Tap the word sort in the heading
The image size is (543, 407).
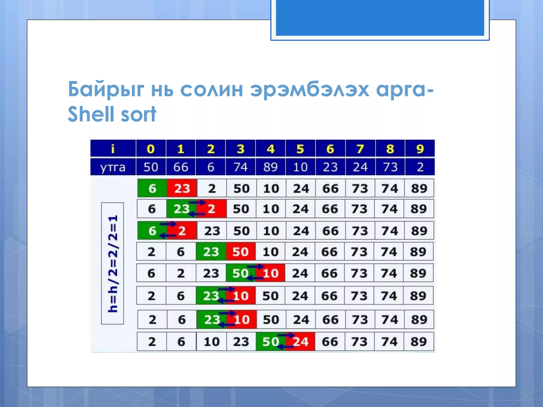138,114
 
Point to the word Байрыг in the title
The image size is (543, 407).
106,90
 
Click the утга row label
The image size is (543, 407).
113,167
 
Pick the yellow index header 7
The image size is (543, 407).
360,149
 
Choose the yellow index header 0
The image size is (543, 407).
151,149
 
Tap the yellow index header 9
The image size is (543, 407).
420,149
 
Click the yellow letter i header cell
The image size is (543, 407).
113,149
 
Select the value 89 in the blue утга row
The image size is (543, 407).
270,167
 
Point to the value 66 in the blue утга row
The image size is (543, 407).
181,167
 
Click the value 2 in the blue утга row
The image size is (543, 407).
420,167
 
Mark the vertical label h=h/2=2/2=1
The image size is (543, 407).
113,263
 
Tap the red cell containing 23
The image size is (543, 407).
182,188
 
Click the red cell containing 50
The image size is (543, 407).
240,251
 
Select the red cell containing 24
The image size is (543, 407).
301,342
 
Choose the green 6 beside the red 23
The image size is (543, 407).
152,188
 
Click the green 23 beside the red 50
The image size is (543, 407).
211,251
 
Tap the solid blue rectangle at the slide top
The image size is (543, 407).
380,17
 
